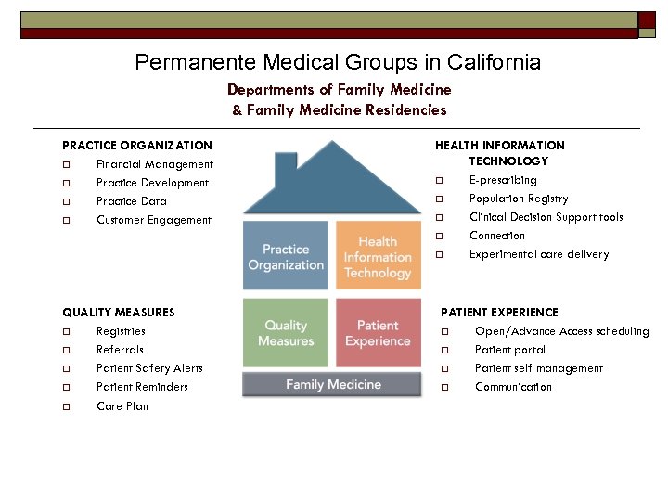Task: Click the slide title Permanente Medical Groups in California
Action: point(338,62)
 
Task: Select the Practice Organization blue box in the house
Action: point(286,256)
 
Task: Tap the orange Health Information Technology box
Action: point(378,256)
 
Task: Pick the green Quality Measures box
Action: point(286,333)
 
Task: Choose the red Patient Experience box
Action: point(378,333)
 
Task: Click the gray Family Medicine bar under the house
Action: point(332,384)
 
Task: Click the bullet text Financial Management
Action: point(155,164)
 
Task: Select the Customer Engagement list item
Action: point(154,220)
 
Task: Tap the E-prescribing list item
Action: point(503,180)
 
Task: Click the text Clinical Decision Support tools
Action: point(546,217)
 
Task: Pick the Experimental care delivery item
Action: point(539,254)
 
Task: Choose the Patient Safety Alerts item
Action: point(149,368)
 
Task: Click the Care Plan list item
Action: point(122,406)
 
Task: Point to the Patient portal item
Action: point(510,350)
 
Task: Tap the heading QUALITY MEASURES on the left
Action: point(118,313)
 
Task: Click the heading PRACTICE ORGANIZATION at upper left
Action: point(136,146)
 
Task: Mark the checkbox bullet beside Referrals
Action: point(67,351)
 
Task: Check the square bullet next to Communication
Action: point(445,388)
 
